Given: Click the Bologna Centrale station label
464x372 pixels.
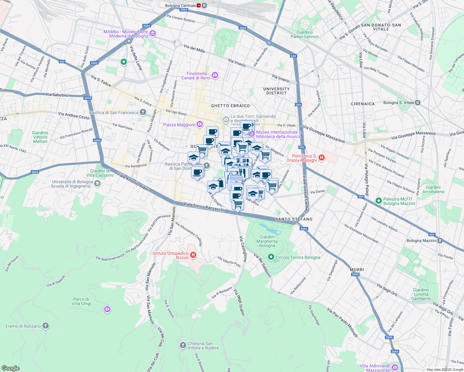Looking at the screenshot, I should [x=181, y=6].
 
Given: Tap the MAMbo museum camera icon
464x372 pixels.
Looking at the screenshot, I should [x=152, y=33].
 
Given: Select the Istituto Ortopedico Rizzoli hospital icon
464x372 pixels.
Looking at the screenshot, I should [x=193, y=255].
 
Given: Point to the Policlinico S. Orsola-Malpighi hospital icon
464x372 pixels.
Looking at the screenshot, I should [x=322, y=158].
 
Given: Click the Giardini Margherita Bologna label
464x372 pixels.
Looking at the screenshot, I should [x=267, y=241].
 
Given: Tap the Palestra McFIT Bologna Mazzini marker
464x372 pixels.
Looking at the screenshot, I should [x=378, y=201].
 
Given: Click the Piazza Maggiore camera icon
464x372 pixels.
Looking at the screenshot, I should [x=200, y=124].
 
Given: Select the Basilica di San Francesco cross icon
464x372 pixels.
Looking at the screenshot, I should [x=143, y=112].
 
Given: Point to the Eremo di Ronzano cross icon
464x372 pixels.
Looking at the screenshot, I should [x=46, y=325].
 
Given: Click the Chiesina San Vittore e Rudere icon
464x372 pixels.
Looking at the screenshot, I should [x=183, y=345].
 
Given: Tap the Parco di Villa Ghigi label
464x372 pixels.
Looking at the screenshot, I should [x=81, y=301].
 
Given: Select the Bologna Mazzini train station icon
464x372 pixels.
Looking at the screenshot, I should [x=440, y=241].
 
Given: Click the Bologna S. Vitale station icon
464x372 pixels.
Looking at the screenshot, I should [x=418, y=103].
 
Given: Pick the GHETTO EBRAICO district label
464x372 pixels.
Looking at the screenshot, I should [x=230, y=106].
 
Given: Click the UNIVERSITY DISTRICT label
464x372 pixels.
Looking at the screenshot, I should [x=276, y=91].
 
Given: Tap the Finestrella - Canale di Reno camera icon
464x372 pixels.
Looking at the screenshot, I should [x=215, y=75].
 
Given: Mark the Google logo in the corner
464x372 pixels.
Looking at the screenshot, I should [x=10, y=368].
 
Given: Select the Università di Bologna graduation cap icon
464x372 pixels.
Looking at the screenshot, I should [x=97, y=184].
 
